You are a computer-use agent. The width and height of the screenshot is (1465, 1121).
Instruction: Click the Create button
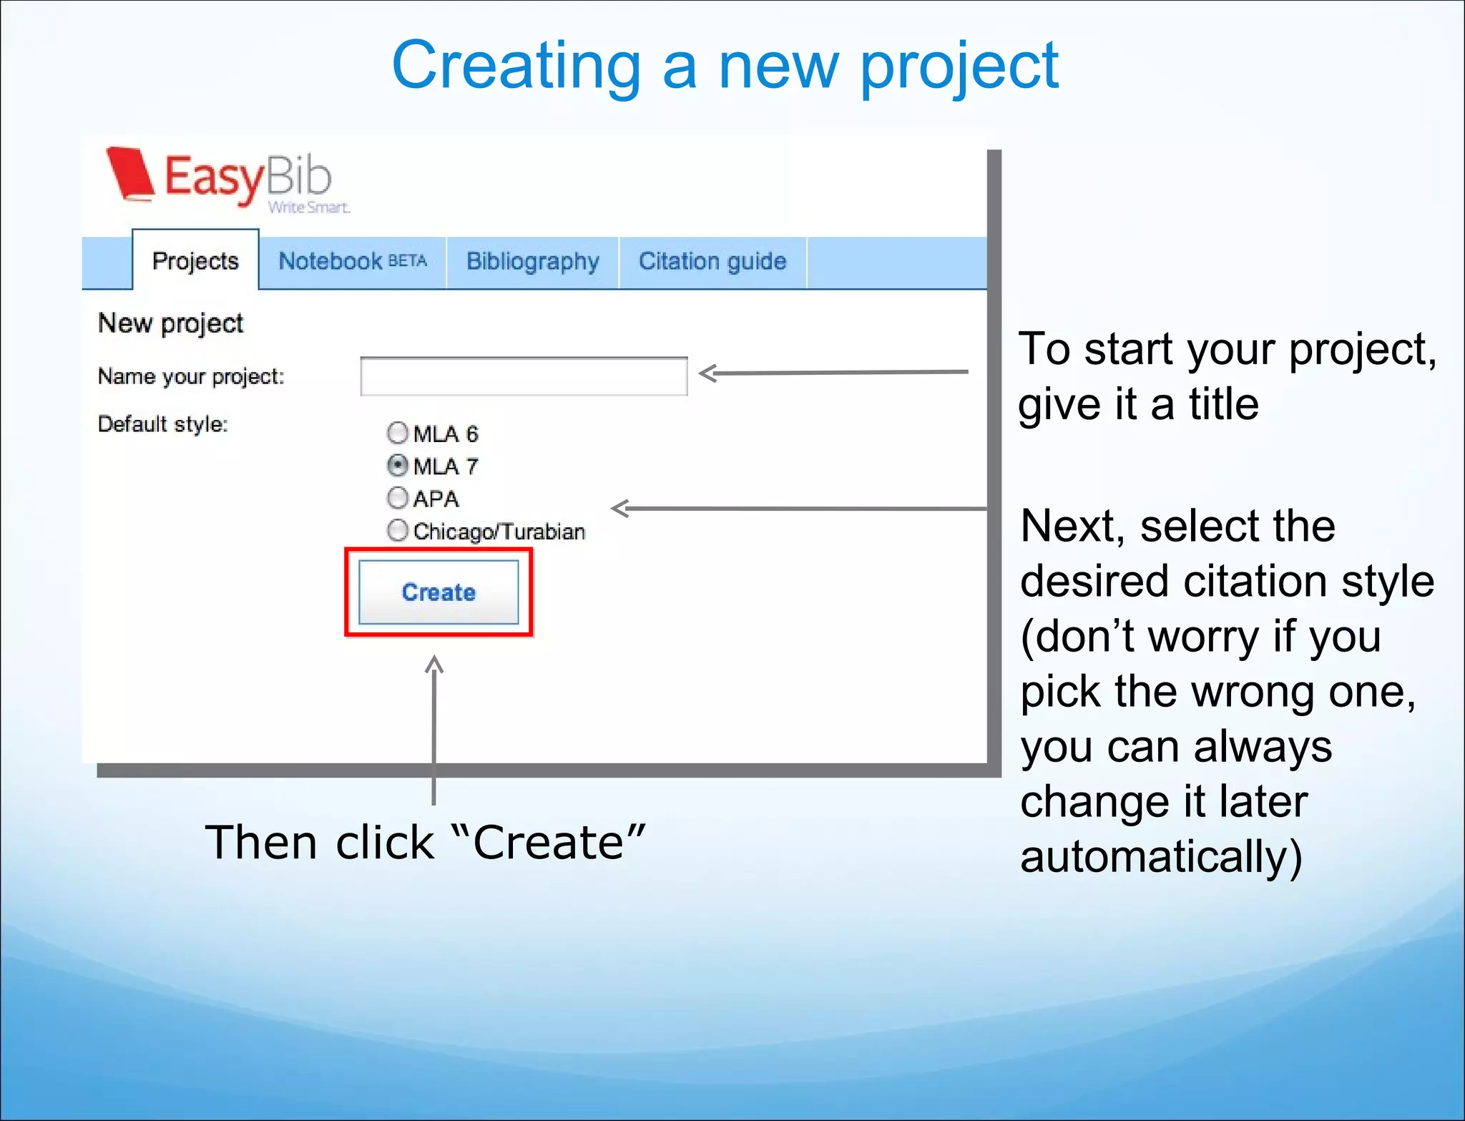point(438,592)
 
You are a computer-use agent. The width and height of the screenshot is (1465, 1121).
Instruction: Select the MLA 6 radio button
point(398,433)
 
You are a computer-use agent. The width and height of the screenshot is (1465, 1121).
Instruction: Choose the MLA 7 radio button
point(398,466)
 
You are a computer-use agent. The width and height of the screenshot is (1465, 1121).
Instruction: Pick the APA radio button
point(398,498)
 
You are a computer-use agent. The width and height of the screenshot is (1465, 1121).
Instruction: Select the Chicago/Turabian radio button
point(398,531)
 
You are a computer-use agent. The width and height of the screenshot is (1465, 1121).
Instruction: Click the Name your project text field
point(524,376)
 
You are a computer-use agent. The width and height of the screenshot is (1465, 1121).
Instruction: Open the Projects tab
point(195,261)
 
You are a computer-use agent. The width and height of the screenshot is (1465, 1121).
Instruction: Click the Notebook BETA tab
point(352,262)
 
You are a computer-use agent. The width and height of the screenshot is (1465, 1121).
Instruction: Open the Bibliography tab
point(532,262)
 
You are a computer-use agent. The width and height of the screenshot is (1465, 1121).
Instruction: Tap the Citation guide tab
point(712,262)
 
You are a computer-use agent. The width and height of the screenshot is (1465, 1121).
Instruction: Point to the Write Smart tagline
point(309,207)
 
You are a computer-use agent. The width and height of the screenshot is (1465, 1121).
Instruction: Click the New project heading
point(170,323)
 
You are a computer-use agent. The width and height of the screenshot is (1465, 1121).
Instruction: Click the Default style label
point(162,424)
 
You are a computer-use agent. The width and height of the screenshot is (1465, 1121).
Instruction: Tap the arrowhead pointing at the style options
point(619,509)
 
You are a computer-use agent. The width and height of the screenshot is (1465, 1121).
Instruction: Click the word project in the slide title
point(959,67)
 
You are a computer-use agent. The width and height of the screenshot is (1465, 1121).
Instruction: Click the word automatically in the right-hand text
point(1160,856)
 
